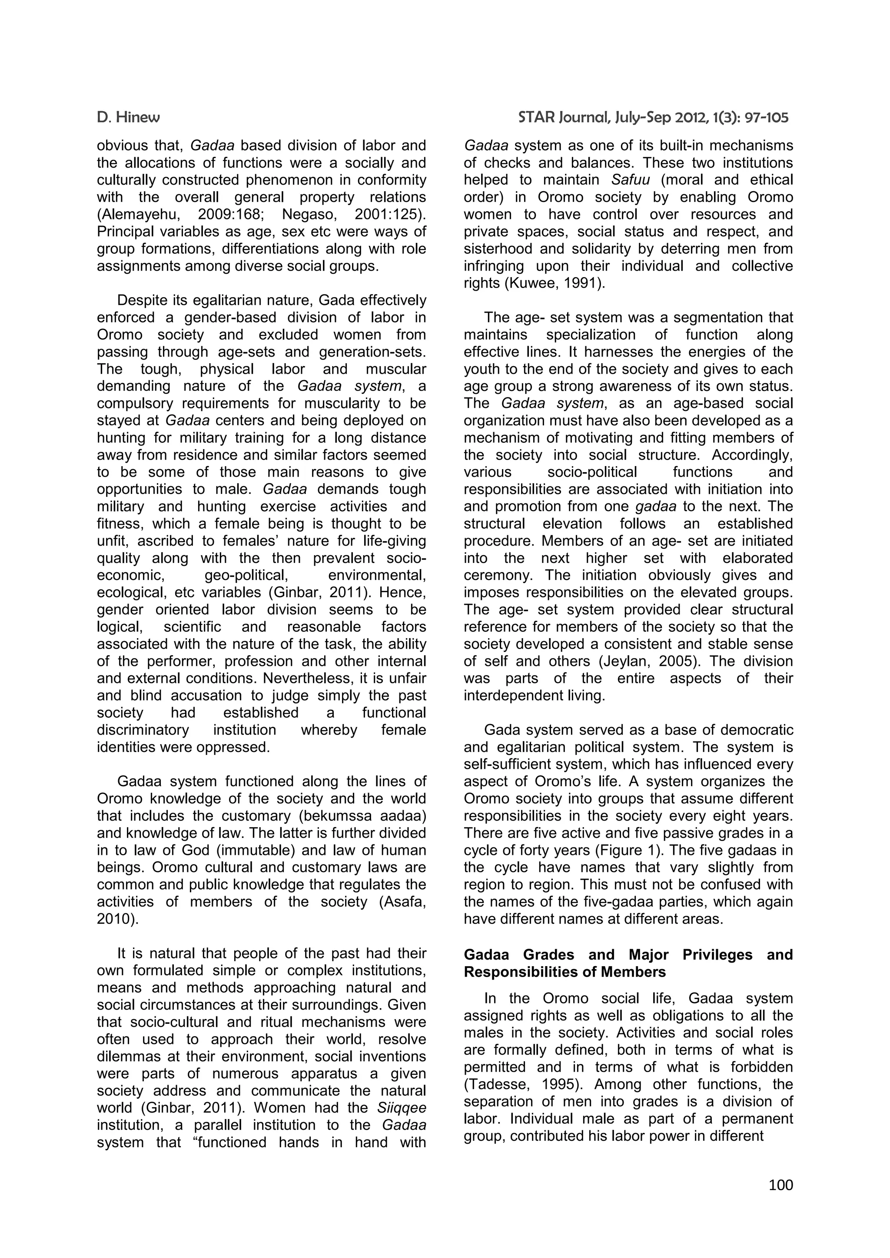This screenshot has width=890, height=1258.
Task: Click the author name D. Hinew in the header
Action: coord(128,118)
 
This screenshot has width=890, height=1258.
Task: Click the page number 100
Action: coord(780,1185)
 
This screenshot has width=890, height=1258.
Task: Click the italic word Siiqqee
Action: coord(402,1107)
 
